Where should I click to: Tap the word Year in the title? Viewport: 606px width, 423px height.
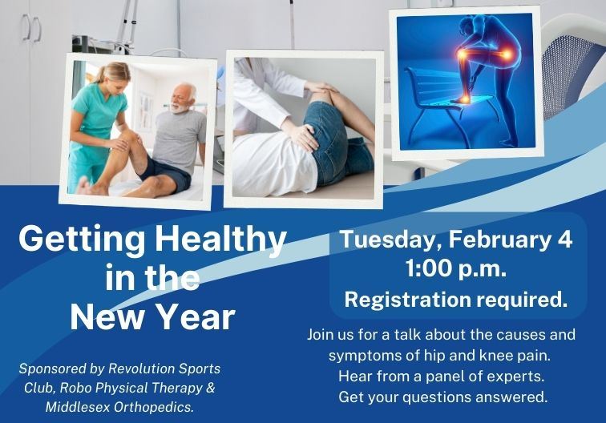click(196, 317)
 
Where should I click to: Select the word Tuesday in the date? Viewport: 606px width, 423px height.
click(390, 240)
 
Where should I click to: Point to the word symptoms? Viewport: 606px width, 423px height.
click(367, 355)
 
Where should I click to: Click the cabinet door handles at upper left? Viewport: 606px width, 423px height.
click(32, 28)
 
